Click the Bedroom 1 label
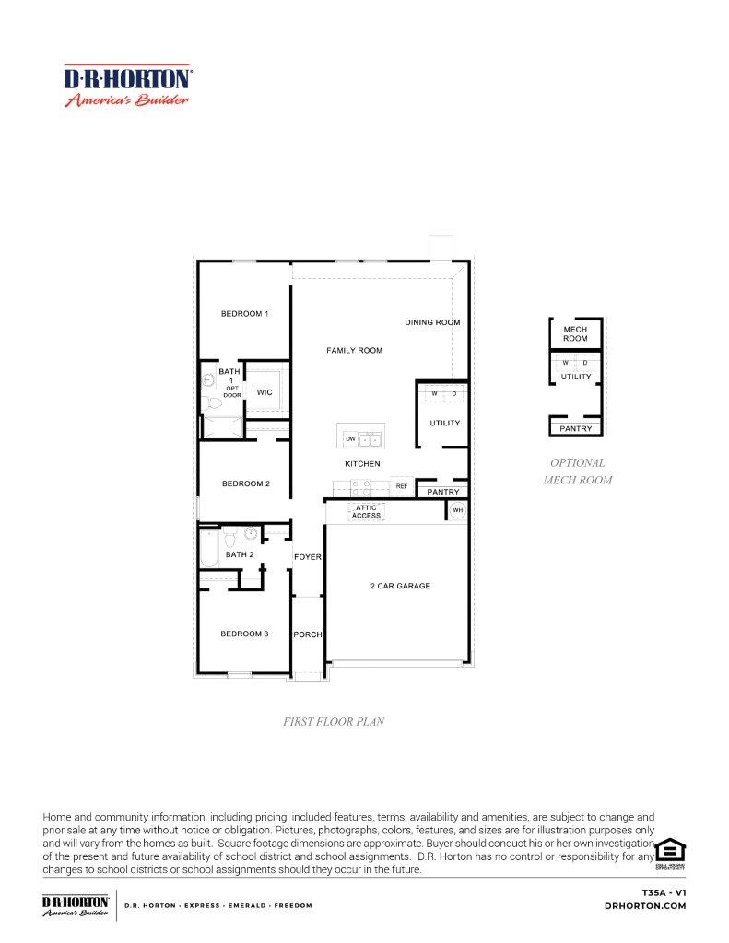click(x=244, y=314)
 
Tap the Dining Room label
click(x=432, y=322)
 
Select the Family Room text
click(x=354, y=351)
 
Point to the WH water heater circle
click(x=455, y=511)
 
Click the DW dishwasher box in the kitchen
click(x=350, y=439)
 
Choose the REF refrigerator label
click(x=402, y=485)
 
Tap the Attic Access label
click(x=366, y=511)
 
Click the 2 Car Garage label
click(x=400, y=586)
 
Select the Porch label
click(x=307, y=635)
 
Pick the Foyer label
click(x=307, y=557)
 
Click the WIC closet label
click(x=265, y=392)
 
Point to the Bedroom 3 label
click(x=244, y=634)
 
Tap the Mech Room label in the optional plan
click(x=575, y=333)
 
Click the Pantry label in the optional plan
click(x=576, y=429)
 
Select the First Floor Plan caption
click(x=334, y=722)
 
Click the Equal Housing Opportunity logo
click(x=670, y=851)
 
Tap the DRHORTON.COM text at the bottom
click(x=645, y=906)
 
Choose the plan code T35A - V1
click(x=664, y=892)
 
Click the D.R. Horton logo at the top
click(x=127, y=86)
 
